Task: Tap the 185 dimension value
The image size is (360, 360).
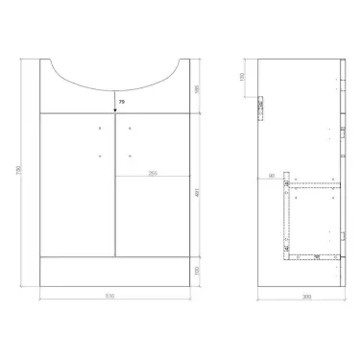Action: coord(197,87)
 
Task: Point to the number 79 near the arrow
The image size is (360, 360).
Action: coord(121,98)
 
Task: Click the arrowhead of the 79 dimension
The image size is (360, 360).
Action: coord(114,108)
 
